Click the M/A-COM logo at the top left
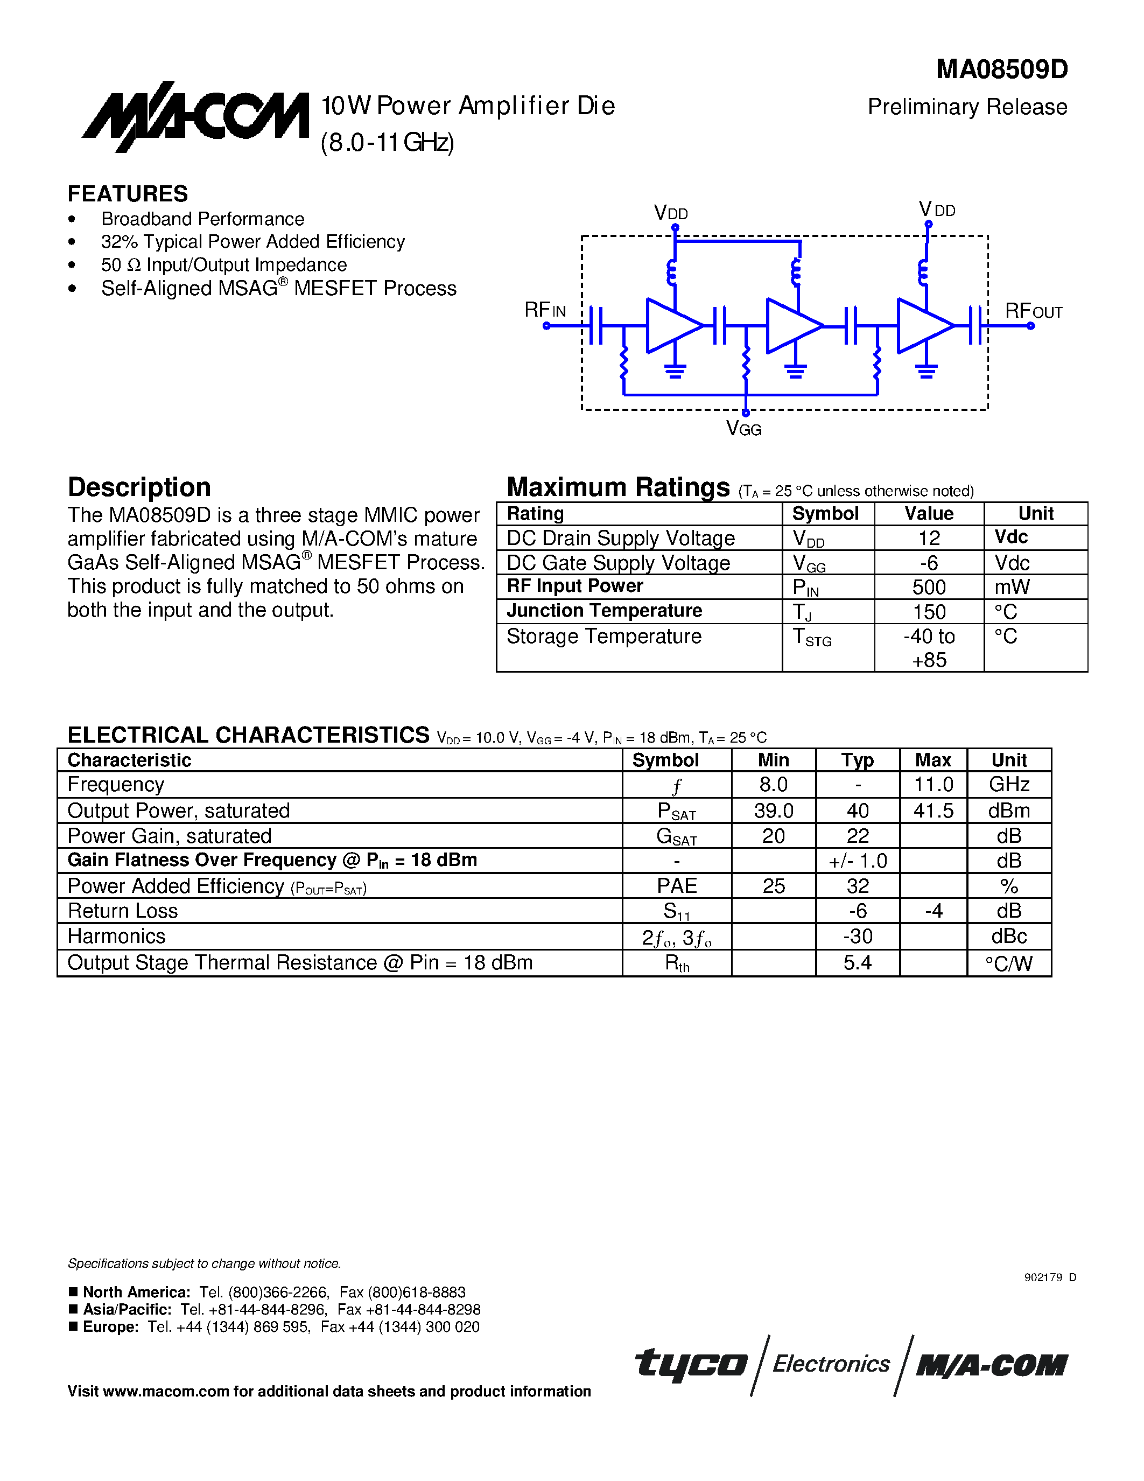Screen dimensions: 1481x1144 click(x=195, y=117)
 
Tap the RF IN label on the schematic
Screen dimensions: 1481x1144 click(x=545, y=311)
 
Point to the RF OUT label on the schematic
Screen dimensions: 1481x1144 click(x=1033, y=311)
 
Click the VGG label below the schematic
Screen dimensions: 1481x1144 click(x=743, y=429)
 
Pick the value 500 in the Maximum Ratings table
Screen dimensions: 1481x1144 click(x=929, y=587)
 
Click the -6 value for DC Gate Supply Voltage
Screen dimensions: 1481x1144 click(x=929, y=563)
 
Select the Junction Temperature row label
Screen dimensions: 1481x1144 click(x=604, y=611)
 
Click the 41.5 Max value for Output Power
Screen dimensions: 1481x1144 click(x=933, y=811)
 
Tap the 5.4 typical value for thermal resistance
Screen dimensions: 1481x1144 click(x=857, y=963)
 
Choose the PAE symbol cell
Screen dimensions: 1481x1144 click(x=676, y=885)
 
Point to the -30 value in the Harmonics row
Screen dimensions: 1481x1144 click(x=857, y=937)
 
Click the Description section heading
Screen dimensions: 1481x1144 click(x=139, y=487)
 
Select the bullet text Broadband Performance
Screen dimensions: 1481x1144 click(x=202, y=219)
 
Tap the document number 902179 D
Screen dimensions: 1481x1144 click(x=1050, y=1277)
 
